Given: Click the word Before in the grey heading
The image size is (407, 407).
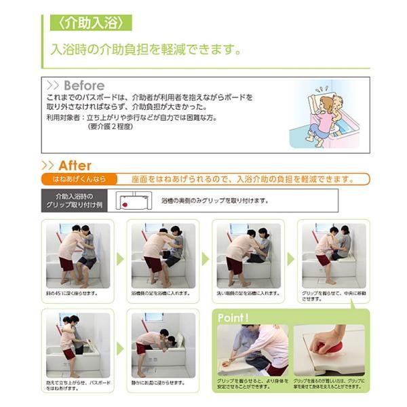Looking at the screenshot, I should (83, 86).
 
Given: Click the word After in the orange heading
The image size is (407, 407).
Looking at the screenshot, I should (74, 166).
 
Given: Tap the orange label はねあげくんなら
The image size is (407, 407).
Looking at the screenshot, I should (79, 180).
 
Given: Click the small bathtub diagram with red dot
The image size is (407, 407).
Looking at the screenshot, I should (133, 201).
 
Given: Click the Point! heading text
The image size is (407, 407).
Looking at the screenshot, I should (234, 317).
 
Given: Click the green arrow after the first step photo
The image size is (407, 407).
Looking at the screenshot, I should (119, 258).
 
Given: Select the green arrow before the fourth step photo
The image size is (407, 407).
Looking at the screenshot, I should (290, 258).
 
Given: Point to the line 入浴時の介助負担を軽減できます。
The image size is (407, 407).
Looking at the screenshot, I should (147, 50).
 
